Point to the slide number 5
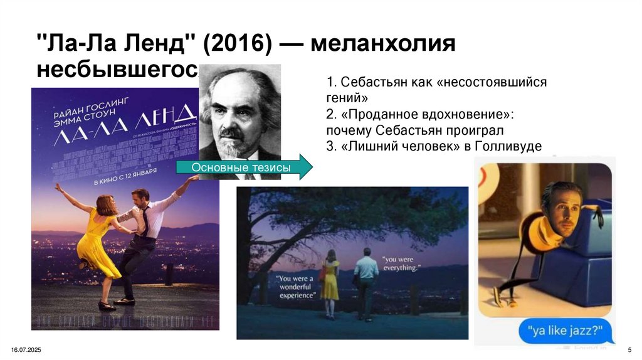[629, 349]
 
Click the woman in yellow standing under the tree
[330, 278]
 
